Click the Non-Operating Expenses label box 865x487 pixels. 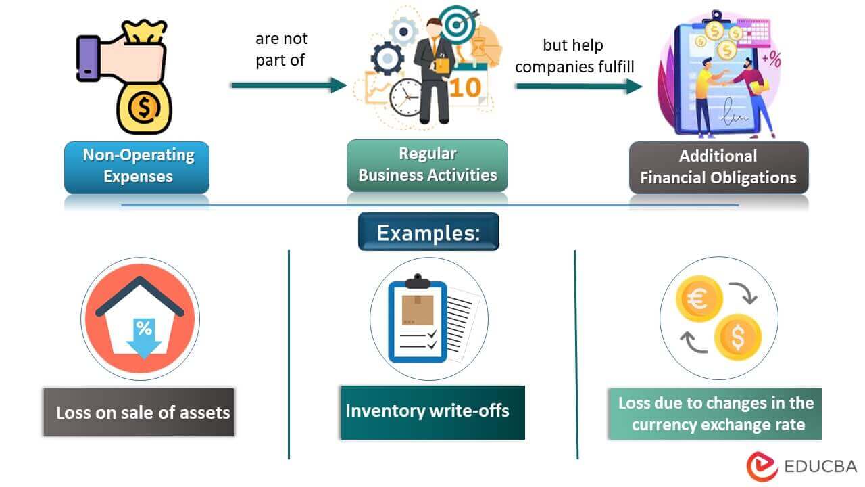[x=137, y=166]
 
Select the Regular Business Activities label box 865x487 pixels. [x=427, y=164]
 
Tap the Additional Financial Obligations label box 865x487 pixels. [x=718, y=167]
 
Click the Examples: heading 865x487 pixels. [x=428, y=232]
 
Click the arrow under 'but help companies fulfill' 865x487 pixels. [x=578, y=86]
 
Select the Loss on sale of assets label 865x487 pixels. [x=139, y=412]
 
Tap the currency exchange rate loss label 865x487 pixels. [x=715, y=413]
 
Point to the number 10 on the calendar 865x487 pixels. [x=465, y=87]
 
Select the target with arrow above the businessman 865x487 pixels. [x=457, y=23]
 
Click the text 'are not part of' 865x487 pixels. [x=280, y=49]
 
